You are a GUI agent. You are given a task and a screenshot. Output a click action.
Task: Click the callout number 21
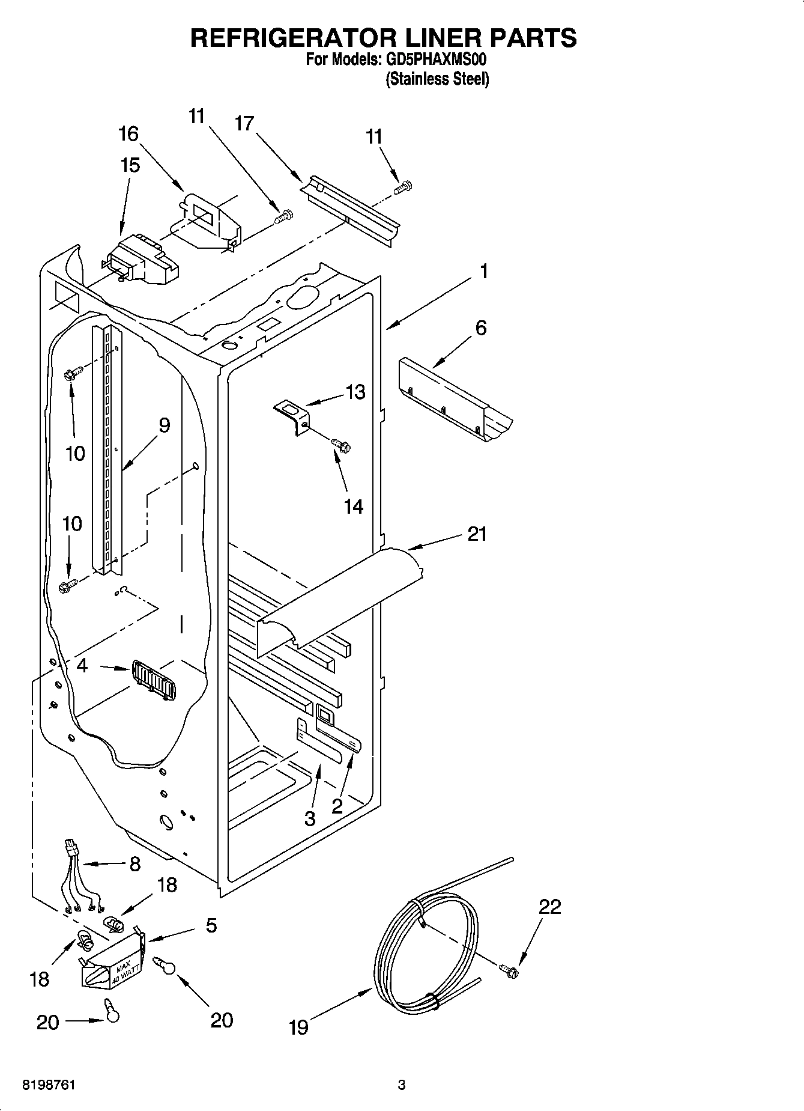(477, 534)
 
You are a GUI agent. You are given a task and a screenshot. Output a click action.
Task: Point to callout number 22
(549, 907)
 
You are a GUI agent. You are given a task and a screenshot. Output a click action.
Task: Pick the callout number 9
(164, 425)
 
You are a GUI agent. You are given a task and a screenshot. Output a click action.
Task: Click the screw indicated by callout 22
(509, 970)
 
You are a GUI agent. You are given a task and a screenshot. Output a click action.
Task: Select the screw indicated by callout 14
(341, 445)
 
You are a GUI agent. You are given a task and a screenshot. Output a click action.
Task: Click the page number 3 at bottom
(402, 1085)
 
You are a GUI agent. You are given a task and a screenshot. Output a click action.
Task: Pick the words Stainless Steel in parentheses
(437, 79)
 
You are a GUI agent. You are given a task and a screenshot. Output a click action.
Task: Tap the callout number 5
(211, 926)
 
